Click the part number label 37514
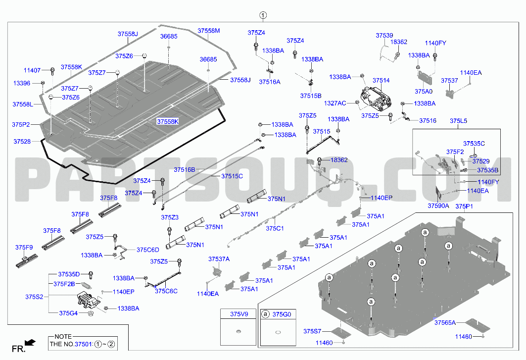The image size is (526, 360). coord(381,81)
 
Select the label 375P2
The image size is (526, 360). coord(21,125)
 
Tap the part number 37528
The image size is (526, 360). coord(22,142)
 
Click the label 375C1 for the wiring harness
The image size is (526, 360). coord(275,228)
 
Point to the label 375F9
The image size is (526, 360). coord(24,248)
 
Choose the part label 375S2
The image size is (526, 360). coord(34,297)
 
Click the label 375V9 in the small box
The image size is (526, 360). coord(239,314)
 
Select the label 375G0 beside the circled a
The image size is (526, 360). coord(282,314)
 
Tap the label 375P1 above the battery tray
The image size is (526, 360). coord(464,206)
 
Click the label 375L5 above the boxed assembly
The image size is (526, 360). coord(458,121)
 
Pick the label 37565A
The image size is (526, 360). coord(445,323)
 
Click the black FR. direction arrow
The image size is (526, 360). coord(30,343)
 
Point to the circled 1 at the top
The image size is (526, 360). coord(263,15)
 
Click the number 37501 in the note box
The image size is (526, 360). coord(83,344)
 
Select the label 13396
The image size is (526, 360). coord(22,83)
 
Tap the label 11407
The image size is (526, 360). coord(32,70)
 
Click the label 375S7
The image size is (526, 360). coord(312,331)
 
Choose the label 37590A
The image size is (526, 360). coord(438,206)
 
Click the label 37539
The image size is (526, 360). coord(384,36)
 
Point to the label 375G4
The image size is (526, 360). coord(68,313)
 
